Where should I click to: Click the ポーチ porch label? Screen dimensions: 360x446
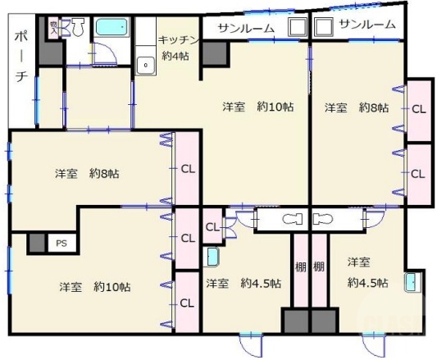click(20, 57)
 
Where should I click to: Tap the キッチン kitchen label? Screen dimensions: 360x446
click(176, 39)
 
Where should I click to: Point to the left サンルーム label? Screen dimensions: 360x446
click(245, 28)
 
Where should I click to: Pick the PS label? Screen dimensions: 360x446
click(61, 244)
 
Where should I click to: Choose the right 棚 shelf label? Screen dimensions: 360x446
click(318, 267)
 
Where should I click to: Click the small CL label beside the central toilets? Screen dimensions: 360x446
click(212, 226)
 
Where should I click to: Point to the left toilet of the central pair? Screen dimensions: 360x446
click(290, 220)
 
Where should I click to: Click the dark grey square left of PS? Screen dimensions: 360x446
click(36, 244)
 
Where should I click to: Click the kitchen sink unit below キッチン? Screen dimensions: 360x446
click(146, 62)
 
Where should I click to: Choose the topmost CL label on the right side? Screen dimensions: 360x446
click(418, 108)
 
